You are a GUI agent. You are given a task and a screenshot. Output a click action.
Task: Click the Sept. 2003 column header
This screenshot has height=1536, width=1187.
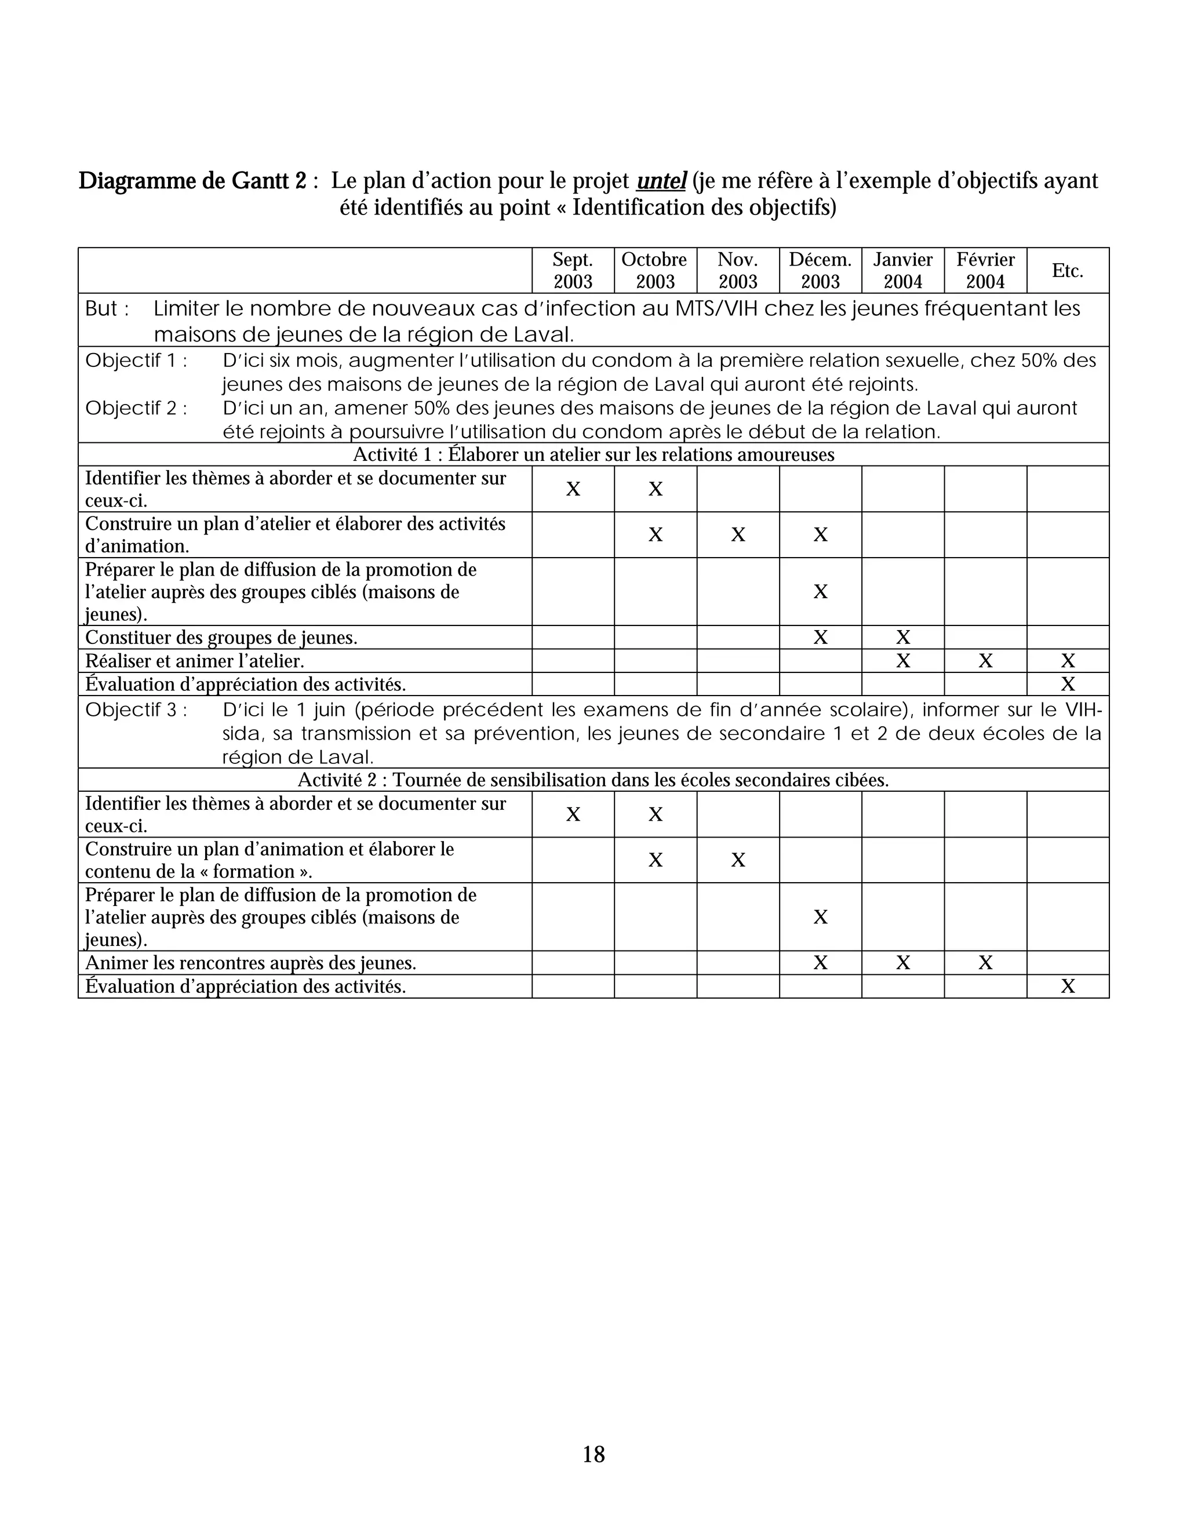(x=573, y=270)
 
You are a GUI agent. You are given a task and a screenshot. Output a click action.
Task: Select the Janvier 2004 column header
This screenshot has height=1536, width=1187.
(x=902, y=270)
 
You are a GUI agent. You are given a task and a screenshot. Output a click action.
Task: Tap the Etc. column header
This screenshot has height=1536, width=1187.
(x=1067, y=270)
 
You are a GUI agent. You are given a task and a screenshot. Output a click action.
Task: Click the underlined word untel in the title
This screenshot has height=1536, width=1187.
(x=660, y=181)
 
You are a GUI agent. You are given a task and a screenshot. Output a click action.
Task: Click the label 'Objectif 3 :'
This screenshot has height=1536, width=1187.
(x=136, y=709)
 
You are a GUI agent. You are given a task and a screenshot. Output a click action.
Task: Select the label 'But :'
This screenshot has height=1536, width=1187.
(x=107, y=309)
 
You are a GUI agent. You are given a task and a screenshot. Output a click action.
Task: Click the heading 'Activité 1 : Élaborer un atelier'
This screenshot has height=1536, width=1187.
(x=593, y=454)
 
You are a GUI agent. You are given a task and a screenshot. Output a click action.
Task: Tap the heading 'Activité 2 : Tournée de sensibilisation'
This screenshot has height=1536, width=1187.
(x=593, y=780)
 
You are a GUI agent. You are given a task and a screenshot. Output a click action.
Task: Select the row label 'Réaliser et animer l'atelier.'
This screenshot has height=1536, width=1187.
(x=194, y=661)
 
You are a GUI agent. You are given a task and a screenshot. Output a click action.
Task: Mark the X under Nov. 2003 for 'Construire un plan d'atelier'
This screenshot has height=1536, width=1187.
(x=737, y=534)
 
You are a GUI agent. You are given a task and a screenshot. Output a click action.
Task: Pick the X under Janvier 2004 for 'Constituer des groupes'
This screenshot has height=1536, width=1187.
(x=902, y=637)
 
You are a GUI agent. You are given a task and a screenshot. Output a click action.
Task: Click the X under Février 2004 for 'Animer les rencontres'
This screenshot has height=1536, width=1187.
(x=985, y=963)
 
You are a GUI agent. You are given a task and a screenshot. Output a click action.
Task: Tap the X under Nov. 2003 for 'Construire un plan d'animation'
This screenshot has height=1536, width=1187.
(x=737, y=860)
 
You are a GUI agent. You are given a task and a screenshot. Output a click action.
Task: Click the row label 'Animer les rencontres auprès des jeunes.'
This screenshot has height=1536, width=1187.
(x=250, y=963)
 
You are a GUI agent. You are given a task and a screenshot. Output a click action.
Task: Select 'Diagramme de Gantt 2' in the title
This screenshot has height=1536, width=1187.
(x=192, y=181)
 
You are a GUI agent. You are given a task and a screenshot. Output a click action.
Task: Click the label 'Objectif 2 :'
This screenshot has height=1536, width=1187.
(x=136, y=408)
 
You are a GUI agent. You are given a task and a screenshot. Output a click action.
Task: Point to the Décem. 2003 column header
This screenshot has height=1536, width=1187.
(x=820, y=270)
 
